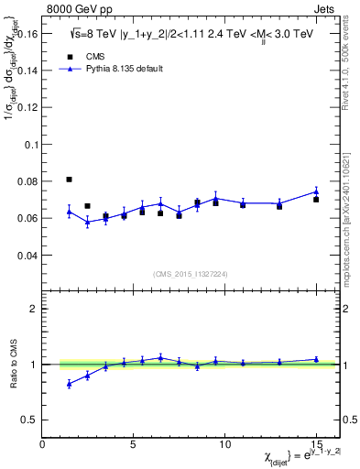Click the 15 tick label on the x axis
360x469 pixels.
[x=316, y=445]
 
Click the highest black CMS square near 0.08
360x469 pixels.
[x=70, y=180]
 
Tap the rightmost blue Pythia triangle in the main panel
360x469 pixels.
[x=316, y=192]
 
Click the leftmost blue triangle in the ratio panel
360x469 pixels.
[x=70, y=384]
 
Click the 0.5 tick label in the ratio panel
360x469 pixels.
[x=30, y=420]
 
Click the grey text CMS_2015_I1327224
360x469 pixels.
[x=191, y=274]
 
